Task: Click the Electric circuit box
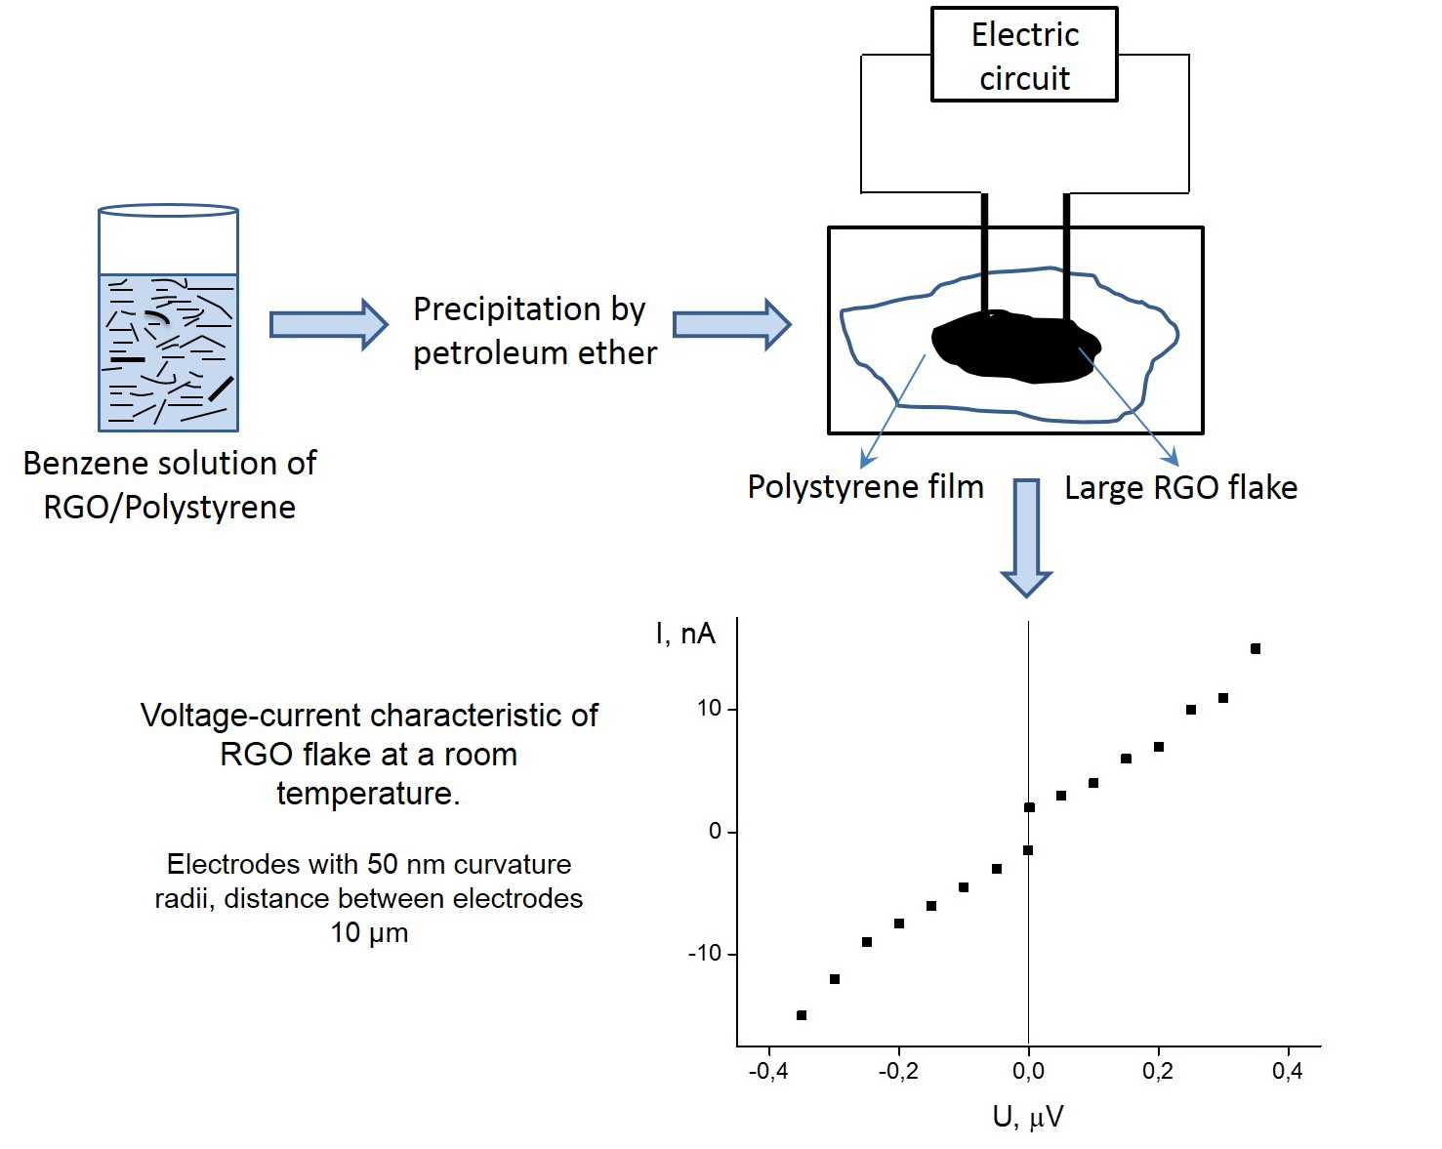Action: coord(1024,55)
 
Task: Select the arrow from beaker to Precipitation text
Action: coord(327,324)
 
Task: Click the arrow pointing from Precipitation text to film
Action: coord(731,324)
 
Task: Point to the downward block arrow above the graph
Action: coord(1026,537)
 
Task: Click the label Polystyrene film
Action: coord(865,487)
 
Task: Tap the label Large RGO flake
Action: coord(1180,488)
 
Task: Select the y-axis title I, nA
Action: coord(685,635)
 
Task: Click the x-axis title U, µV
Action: coord(1027,1117)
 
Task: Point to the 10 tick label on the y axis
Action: coord(709,709)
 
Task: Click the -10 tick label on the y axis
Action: coord(704,953)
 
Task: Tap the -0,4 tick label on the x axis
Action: coord(767,1072)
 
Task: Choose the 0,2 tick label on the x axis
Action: coord(1158,1072)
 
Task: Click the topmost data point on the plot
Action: coord(1256,649)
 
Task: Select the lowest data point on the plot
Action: coord(802,1015)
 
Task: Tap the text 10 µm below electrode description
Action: coord(369,933)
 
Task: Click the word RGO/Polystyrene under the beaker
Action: coord(169,508)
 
